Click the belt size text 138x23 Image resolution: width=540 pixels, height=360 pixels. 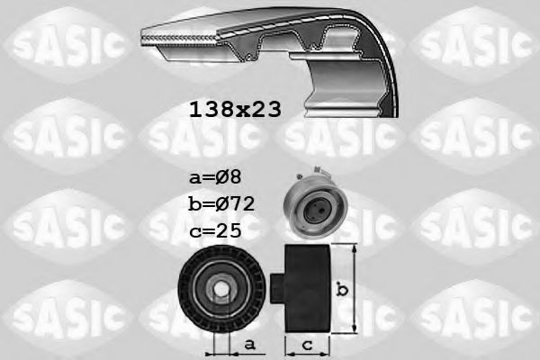[x=234, y=110]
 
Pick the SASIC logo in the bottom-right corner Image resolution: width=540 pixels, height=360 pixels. [x=474, y=314]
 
